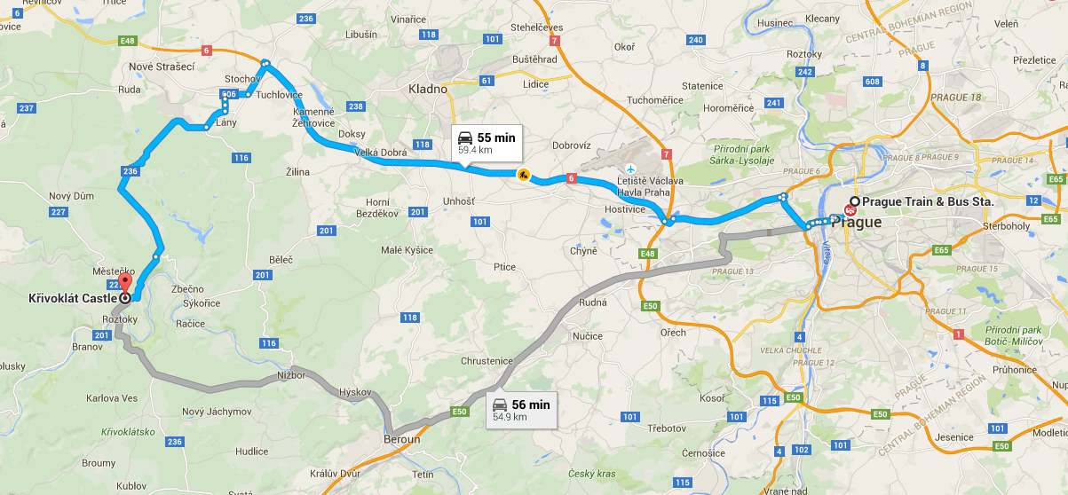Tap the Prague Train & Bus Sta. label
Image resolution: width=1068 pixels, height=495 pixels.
click(927, 202)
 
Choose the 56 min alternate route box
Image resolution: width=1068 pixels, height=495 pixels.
click(521, 410)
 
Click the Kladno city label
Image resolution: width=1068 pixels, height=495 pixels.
click(428, 89)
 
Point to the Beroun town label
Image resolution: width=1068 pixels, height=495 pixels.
click(402, 439)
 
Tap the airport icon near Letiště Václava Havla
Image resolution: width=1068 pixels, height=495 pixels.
click(630, 169)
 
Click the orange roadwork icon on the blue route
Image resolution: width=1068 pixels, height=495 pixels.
click(523, 175)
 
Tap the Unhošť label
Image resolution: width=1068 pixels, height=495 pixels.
click(458, 202)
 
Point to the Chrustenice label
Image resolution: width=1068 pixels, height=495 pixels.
click(487, 361)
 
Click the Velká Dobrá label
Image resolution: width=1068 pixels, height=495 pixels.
click(380, 153)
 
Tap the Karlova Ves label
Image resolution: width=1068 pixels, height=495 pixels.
click(113, 398)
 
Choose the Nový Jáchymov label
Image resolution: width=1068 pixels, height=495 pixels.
click(216, 412)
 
